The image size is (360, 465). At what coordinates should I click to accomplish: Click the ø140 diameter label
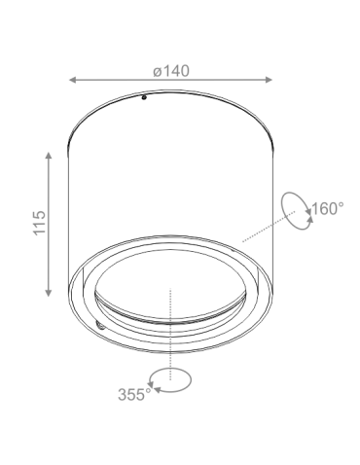(170, 70)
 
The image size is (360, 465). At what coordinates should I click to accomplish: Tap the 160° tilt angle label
(328, 208)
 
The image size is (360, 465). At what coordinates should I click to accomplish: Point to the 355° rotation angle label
(133, 394)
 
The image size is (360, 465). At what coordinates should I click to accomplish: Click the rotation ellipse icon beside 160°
(294, 207)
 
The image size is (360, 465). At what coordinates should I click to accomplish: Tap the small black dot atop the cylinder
(142, 97)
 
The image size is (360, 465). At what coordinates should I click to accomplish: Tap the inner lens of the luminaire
(170, 292)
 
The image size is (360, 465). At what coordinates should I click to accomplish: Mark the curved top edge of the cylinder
(170, 94)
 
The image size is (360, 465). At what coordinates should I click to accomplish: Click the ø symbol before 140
(157, 70)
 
